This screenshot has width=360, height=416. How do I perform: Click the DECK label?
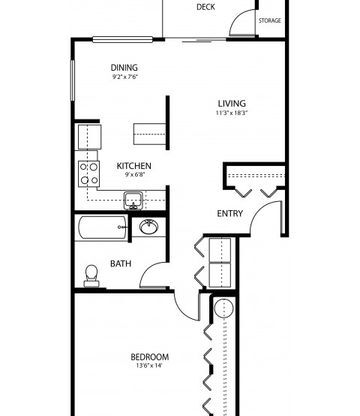206,7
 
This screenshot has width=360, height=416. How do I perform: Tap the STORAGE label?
270,21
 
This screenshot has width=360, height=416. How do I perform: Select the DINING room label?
124,68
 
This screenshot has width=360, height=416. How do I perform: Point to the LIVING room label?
232,104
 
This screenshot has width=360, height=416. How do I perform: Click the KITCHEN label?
134,166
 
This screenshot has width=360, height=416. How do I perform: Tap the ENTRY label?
230,213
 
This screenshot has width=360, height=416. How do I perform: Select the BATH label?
121,264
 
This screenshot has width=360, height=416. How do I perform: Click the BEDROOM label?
150,357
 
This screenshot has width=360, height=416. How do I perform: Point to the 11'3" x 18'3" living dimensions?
232,113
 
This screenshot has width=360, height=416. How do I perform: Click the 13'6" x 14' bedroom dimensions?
149,366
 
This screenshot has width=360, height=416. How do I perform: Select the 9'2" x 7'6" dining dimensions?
124,77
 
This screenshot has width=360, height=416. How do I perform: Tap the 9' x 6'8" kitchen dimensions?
134,174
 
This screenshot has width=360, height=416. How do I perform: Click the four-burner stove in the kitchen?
89,174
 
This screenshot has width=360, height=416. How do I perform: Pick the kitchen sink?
133,200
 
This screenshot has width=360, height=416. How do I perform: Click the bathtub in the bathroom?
102,227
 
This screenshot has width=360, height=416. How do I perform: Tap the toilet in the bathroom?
91,276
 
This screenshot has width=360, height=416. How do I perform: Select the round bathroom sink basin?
149,227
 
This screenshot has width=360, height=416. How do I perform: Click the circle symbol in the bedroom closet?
224,308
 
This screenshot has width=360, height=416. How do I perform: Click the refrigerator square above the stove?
89,137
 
